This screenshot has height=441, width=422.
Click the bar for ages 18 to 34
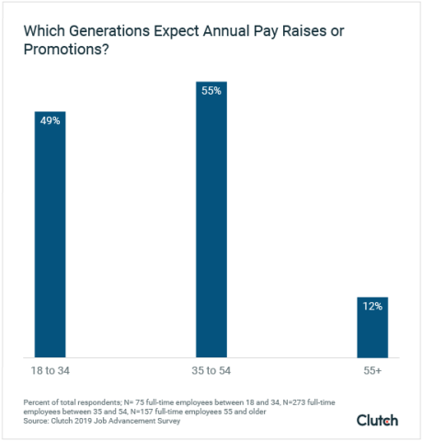(50, 239)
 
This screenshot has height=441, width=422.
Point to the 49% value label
(50, 120)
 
